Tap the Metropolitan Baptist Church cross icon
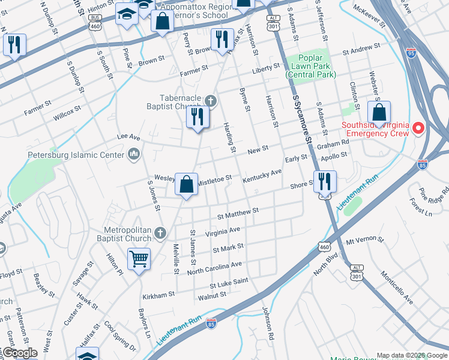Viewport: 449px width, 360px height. (x=160, y=232)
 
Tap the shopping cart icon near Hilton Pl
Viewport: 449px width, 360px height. (x=139, y=259)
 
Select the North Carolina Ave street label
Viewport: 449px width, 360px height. (x=214, y=268)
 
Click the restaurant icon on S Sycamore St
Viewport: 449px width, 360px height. (x=324, y=181)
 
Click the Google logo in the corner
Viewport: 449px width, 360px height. (x=19, y=353)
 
